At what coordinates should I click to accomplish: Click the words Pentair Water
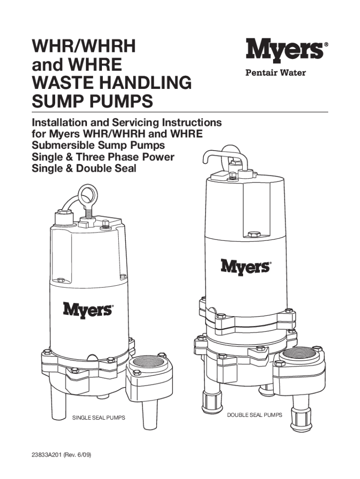coord(276,73)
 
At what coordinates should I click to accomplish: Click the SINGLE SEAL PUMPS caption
coord(99,418)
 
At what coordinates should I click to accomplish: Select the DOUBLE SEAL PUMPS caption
coord(255,415)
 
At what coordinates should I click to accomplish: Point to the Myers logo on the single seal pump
coord(87,310)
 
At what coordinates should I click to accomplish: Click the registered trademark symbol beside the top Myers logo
coord(326,44)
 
